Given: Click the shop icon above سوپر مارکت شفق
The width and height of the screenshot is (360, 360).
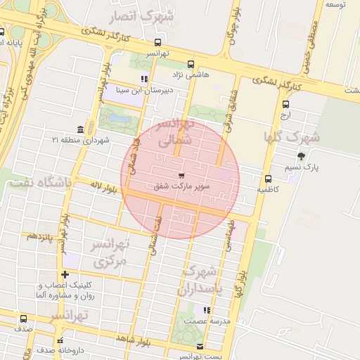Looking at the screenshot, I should [x=182, y=175].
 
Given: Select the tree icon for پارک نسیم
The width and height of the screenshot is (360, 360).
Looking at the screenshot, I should [x=302, y=156].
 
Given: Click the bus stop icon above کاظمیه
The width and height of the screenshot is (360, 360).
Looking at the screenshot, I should [x=268, y=179].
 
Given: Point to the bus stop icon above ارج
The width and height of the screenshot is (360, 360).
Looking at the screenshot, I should [x=285, y=105].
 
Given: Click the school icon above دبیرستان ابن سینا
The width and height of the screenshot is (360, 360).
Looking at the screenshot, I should [x=144, y=79].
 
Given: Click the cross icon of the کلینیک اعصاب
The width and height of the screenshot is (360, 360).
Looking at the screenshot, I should [x=65, y=275].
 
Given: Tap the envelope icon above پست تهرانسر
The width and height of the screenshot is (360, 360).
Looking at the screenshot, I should [x=200, y=347].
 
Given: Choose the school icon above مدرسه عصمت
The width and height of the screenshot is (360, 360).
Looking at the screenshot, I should [x=206, y=310].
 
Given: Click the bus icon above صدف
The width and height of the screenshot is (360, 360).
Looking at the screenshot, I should [x=24, y=319].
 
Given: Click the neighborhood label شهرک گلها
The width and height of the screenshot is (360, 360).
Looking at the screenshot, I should [x=292, y=136].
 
